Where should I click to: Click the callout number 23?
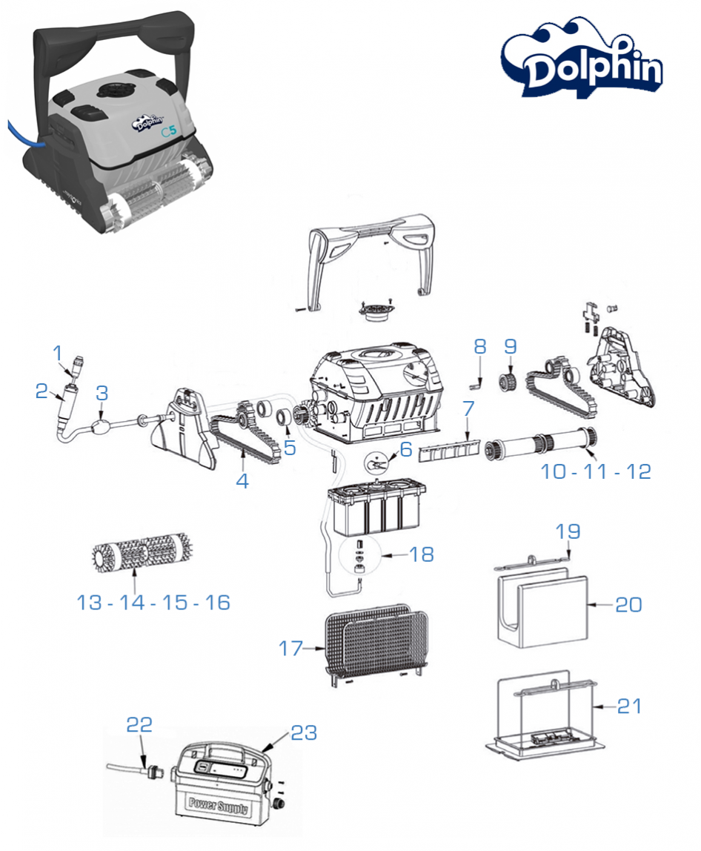304,733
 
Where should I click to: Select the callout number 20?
628,605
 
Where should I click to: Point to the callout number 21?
628,706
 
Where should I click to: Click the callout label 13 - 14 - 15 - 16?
153,603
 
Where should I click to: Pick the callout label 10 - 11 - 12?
596,471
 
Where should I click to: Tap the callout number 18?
422,554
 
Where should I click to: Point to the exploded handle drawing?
371,252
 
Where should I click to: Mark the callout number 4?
242,480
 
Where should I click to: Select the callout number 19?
569,532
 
